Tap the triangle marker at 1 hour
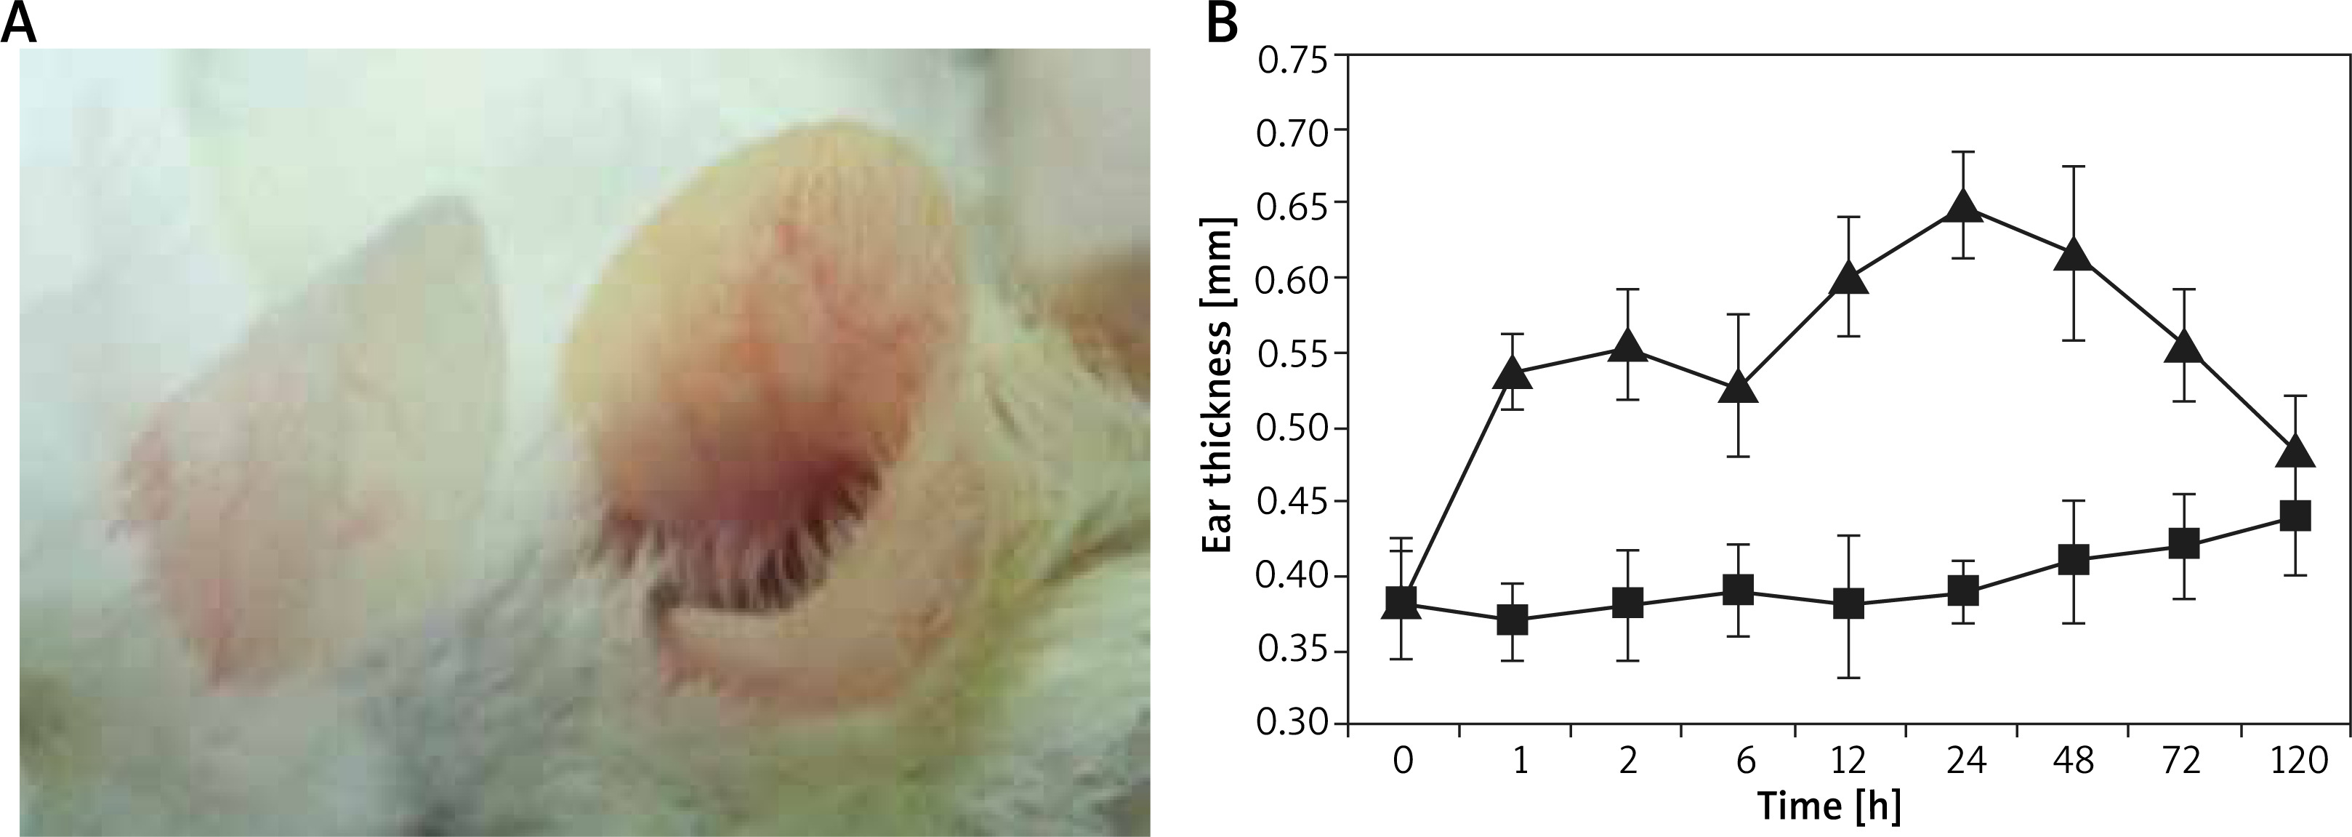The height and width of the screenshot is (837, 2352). [1513, 374]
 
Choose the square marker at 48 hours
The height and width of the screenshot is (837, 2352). [2074, 559]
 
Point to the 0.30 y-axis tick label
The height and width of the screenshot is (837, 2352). [1294, 726]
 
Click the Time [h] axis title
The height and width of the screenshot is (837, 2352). [1848, 806]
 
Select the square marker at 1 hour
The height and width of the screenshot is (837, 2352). [1513, 620]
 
